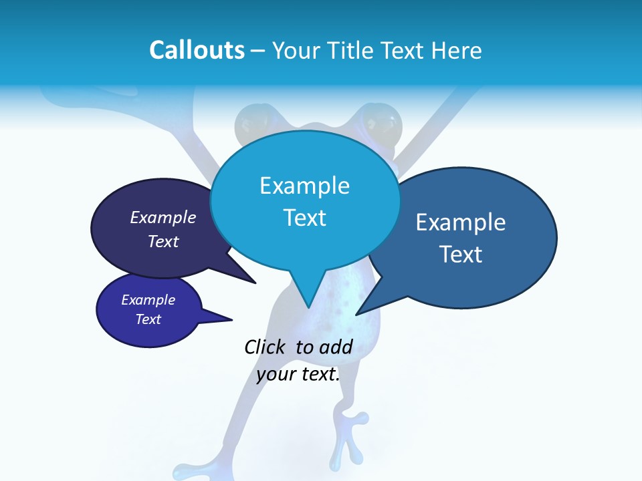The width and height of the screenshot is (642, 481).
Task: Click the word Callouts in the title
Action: (x=197, y=50)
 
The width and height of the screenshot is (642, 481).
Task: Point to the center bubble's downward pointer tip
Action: (x=308, y=307)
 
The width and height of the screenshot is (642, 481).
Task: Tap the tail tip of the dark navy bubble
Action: (x=255, y=283)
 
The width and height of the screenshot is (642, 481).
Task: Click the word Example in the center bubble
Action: (x=304, y=185)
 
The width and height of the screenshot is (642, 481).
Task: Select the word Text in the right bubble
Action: (x=461, y=255)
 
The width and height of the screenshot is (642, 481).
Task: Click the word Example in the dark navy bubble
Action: (x=163, y=217)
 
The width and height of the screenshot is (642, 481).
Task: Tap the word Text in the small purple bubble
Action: (x=148, y=319)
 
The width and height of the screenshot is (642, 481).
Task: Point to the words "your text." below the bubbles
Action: (x=298, y=374)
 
